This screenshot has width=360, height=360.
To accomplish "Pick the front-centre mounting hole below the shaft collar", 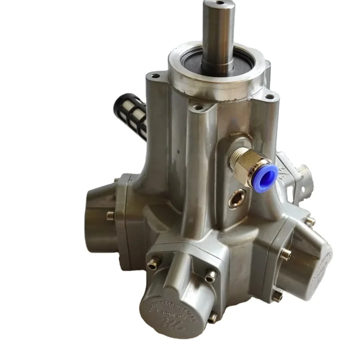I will (198, 107).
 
